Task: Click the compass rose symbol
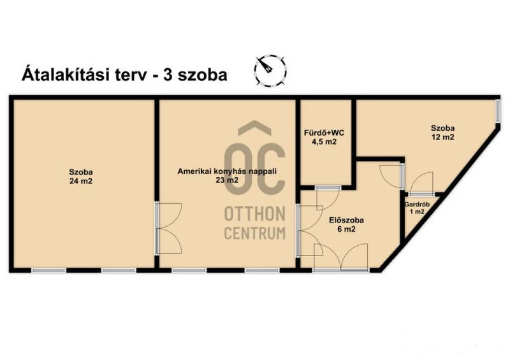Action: coord(270,70)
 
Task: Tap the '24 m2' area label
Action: coord(81,181)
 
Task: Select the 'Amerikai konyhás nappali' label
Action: coord(227,171)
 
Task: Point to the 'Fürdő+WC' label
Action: coord(324,133)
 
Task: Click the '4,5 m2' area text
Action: coord(324,142)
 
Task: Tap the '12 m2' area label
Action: coord(442,137)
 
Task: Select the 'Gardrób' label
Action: coord(417,205)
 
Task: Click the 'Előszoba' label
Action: coord(346,220)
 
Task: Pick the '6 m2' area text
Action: coord(346,229)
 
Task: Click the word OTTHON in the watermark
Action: coord(254,213)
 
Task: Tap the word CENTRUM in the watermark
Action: coord(254,233)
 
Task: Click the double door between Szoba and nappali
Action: coord(168,228)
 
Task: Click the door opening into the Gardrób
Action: coord(421,184)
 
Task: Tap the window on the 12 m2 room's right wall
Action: coord(498,112)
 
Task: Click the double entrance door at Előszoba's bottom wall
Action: coord(341,257)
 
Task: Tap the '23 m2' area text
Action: coord(227,180)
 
